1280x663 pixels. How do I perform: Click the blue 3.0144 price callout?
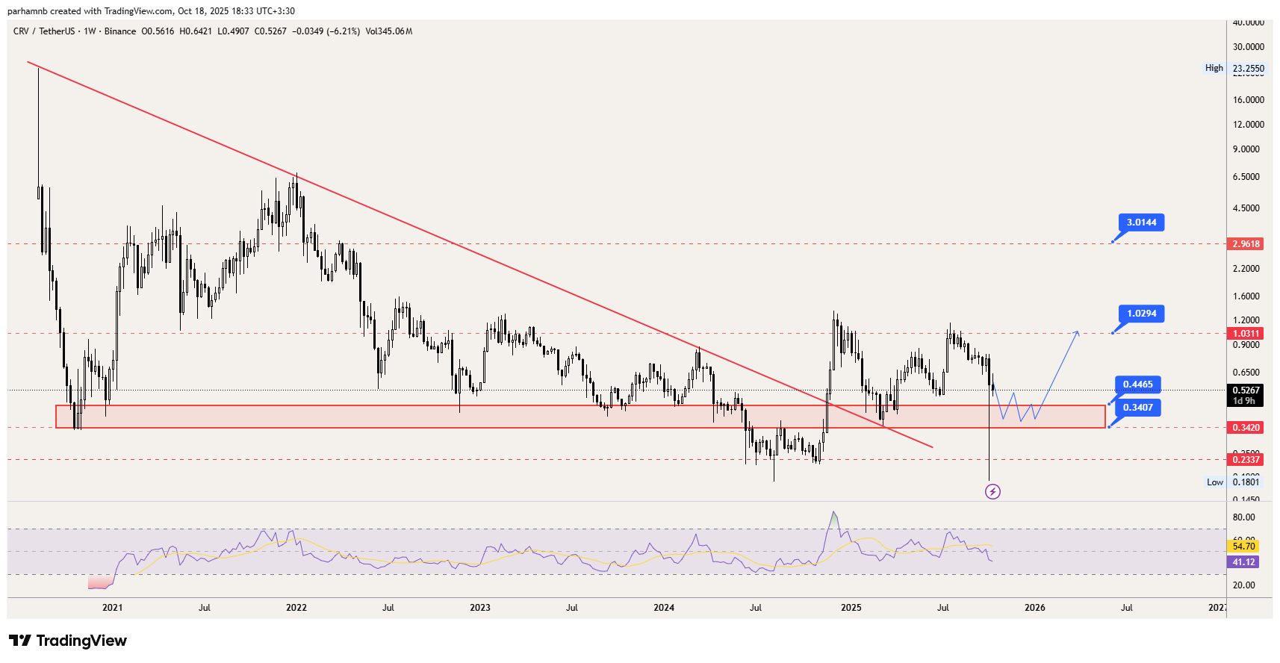pos(1141,222)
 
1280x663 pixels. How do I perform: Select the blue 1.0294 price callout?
pos(1141,314)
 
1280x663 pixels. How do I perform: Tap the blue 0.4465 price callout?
pos(1137,385)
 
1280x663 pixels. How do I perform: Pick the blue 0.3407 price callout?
pos(1137,408)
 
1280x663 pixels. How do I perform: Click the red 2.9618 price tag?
pos(1246,244)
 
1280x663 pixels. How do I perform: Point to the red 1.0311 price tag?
pos(1246,334)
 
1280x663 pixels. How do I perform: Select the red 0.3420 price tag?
pos(1246,428)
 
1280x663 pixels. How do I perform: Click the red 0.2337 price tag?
pos(1246,460)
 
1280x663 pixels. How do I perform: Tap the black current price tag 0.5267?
pos(1246,390)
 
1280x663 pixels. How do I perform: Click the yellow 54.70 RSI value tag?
pos(1243,547)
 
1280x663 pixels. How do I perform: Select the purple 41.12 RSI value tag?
pos(1243,562)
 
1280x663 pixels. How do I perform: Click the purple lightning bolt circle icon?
pos(992,491)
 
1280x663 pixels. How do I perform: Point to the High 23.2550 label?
pos(1234,68)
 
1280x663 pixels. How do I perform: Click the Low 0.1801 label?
pos(1233,482)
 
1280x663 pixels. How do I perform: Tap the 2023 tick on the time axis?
pos(480,608)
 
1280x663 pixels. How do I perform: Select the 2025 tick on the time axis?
pos(851,608)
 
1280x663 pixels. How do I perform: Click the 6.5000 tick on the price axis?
pos(1246,177)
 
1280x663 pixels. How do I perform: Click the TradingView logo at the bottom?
pos(68,641)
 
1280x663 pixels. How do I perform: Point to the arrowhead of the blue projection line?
pos(1078,331)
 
